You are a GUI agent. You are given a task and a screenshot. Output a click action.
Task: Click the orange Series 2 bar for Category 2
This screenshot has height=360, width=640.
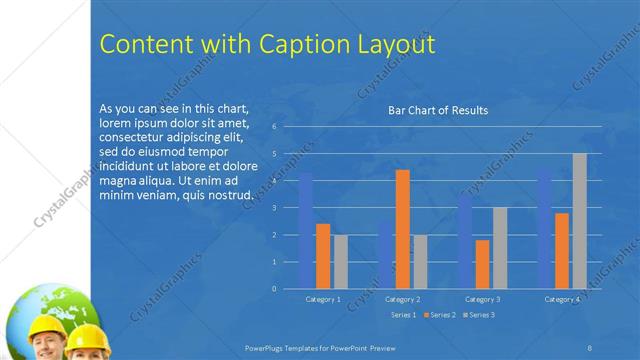click(x=402, y=229)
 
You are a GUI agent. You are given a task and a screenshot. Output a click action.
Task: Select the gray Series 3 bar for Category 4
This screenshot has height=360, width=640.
click(x=580, y=221)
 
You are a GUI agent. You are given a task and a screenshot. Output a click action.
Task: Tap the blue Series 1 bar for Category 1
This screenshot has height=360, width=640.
click(x=306, y=231)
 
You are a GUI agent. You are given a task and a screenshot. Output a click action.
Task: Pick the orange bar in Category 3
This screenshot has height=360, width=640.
click(x=483, y=264)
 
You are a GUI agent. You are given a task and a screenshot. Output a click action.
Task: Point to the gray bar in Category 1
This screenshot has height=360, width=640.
click(x=340, y=261)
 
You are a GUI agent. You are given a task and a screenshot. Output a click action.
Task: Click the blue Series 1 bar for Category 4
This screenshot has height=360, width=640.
click(x=545, y=229)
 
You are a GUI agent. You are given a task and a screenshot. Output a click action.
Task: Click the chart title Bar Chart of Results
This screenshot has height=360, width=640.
click(x=438, y=111)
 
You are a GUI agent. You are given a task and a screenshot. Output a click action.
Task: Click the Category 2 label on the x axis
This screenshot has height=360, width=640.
click(x=402, y=299)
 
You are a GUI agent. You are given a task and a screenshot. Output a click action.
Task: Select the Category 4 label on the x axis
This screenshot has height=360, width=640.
click(x=562, y=299)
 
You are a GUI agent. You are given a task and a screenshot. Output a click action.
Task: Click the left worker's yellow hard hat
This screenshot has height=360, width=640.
click(x=47, y=327)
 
